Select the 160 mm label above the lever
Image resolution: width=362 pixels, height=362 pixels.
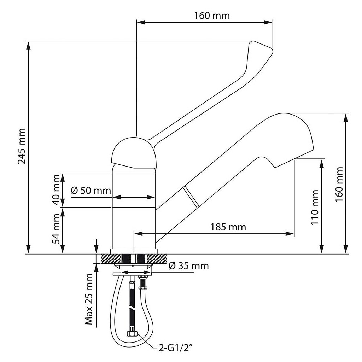(212, 16)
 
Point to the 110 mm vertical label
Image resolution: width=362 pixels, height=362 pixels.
(315, 208)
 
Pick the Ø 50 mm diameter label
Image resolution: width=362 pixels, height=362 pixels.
(91, 191)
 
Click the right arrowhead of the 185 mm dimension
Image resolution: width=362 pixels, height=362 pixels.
(290, 233)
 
